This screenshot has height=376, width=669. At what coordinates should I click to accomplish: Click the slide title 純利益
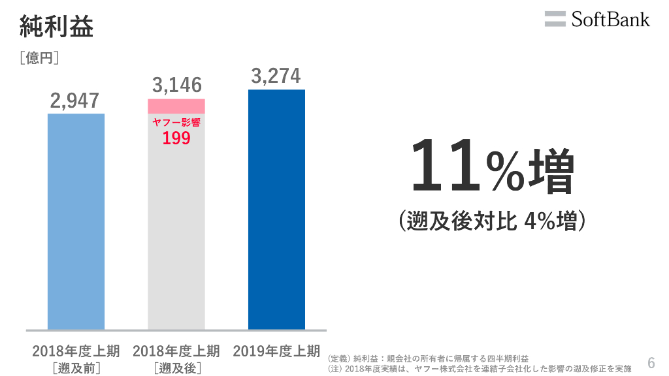pyautogui.click(x=57, y=27)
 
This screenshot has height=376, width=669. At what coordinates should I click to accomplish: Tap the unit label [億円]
pyautogui.click(x=40, y=59)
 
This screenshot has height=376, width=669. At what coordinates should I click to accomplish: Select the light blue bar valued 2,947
pyautogui.click(x=76, y=222)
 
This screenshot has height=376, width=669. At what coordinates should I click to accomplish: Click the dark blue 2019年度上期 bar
pyautogui.click(x=276, y=209)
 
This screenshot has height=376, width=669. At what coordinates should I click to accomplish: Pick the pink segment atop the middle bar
pyautogui.click(x=176, y=106)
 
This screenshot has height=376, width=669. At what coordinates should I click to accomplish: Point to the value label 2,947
pyautogui.click(x=75, y=101)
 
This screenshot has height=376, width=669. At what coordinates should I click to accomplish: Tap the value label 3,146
pyautogui.click(x=177, y=85)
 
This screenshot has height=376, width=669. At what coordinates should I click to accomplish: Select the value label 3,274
pyautogui.click(x=276, y=76)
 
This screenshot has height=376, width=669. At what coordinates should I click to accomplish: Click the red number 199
pyautogui.click(x=176, y=138)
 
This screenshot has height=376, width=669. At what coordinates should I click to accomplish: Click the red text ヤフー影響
pyautogui.click(x=176, y=123)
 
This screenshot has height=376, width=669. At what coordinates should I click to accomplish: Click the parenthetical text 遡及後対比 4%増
pyautogui.click(x=491, y=221)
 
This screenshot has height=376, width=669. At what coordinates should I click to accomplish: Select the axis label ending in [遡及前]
pyautogui.click(x=76, y=359)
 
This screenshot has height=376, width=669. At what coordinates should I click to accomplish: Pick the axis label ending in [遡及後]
pyautogui.click(x=176, y=359)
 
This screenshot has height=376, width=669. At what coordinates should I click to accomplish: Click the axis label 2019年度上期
pyautogui.click(x=276, y=351)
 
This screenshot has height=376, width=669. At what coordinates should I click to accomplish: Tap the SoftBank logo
pyautogui.click(x=597, y=19)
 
